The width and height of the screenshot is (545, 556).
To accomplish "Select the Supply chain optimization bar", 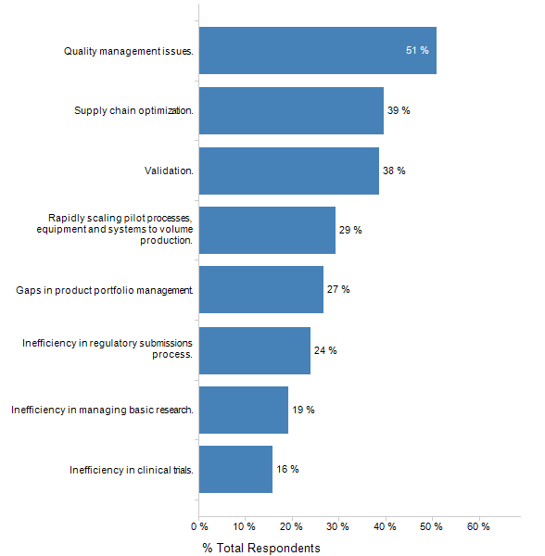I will pos(291,110).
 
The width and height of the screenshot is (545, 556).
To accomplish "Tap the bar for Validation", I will pos(288,171).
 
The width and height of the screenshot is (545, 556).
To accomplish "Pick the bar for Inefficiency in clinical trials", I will pos(235,469).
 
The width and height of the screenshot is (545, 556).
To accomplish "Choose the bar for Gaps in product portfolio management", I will pos(260,289).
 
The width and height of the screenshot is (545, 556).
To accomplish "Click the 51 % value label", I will pos(417,50).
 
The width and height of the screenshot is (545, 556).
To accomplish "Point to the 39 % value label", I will pos(399,110).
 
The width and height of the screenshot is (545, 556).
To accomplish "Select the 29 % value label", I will pos(350,230).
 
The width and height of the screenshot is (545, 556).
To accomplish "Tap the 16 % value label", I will pos(287,469).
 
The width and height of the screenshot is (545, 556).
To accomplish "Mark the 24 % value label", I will pos(325,350).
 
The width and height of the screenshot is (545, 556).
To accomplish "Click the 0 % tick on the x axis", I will pos(198,527).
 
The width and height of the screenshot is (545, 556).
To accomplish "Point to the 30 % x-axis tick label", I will pos(338,527).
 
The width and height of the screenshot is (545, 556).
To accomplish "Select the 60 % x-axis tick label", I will pos(478,527).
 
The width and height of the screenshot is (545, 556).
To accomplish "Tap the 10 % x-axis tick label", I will pos(245,527).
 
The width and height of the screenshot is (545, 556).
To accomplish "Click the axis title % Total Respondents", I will pos(261,548).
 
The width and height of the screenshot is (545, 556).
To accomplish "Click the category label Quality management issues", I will pos(129,51).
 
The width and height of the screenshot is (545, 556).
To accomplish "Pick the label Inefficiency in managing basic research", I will pos(102,410).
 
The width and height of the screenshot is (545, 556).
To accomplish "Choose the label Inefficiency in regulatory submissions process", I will pos(108,349).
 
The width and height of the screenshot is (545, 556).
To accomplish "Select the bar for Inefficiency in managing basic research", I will pos(243,410).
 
